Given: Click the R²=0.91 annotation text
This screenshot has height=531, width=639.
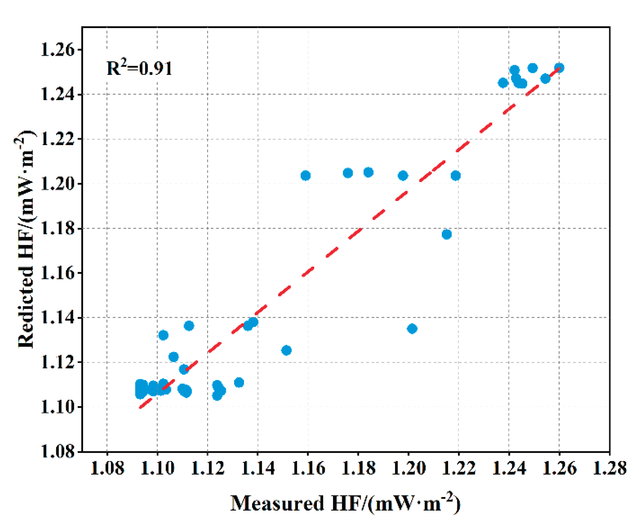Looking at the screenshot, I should (x=139, y=68).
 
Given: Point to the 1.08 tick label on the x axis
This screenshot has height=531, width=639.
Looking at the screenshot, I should (x=107, y=468).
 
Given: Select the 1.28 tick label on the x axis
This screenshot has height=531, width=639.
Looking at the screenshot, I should (x=609, y=468).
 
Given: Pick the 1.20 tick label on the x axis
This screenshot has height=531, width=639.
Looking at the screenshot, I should (x=408, y=468).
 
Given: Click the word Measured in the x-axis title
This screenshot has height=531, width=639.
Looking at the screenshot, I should (x=277, y=504).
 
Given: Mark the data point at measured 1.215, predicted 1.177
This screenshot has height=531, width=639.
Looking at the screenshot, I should (x=446, y=234).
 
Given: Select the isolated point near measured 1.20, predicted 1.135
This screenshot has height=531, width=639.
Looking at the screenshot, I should (x=412, y=329).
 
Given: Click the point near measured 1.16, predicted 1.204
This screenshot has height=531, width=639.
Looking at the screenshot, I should (x=306, y=176).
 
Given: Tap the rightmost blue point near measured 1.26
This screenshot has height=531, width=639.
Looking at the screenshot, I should (x=559, y=68).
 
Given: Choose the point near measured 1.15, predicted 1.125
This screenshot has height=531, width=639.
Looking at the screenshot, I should (x=287, y=350).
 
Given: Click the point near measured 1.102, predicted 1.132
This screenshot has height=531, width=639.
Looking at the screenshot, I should (x=163, y=335).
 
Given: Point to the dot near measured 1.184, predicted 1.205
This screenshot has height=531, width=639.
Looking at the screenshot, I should (x=368, y=172).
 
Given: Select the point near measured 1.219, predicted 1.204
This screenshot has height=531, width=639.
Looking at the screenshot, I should (x=455, y=176).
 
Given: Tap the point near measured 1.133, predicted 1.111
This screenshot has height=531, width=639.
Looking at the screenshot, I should (x=239, y=382).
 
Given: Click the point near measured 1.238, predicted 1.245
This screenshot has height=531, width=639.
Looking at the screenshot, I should (x=503, y=83).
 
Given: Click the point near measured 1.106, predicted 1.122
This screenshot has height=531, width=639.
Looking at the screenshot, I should (x=173, y=357).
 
